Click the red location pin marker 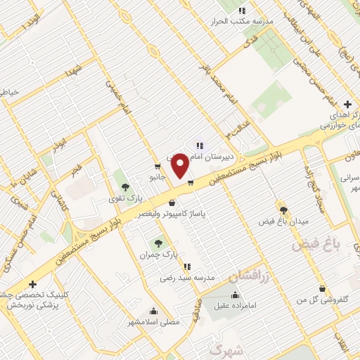pos(180,165)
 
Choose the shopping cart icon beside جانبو pos(157,167)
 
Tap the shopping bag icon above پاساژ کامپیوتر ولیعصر pos(172,202)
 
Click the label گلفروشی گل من pos(322,299)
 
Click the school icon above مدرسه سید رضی pos(187,266)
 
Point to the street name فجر pos(76,169)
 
